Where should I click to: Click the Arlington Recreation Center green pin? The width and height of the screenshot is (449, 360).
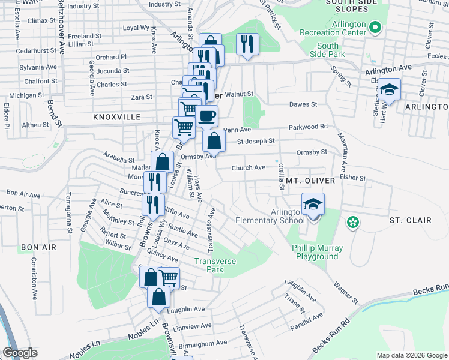(x=375, y=27)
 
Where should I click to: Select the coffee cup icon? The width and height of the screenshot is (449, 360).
(x=207, y=115)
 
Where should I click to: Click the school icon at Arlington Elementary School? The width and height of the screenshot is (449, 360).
(x=313, y=204)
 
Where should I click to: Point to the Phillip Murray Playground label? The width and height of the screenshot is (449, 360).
(x=317, y=252)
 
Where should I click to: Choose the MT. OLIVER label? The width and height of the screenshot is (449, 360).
(x=309, y=180)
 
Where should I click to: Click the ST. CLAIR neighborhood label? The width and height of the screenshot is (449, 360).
(x=410, y=220)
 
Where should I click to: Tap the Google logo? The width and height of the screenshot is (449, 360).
(x=20, y=353)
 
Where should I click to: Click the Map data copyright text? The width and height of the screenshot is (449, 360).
(x=412, y=355)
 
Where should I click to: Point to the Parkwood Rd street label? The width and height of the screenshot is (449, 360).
(x=308, y=127)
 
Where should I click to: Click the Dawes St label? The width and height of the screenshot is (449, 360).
(x=303, y=104)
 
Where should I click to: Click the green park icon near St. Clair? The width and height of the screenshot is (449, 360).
(x=353, y=223)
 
